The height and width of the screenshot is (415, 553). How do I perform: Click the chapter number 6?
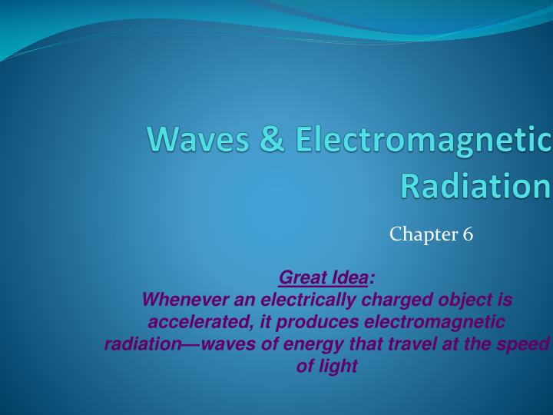point(468,234)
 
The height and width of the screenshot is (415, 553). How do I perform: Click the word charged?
point(389,300)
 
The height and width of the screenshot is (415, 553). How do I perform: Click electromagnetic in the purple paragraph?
point(435,322)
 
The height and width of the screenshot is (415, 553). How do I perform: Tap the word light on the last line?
point(337,367)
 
